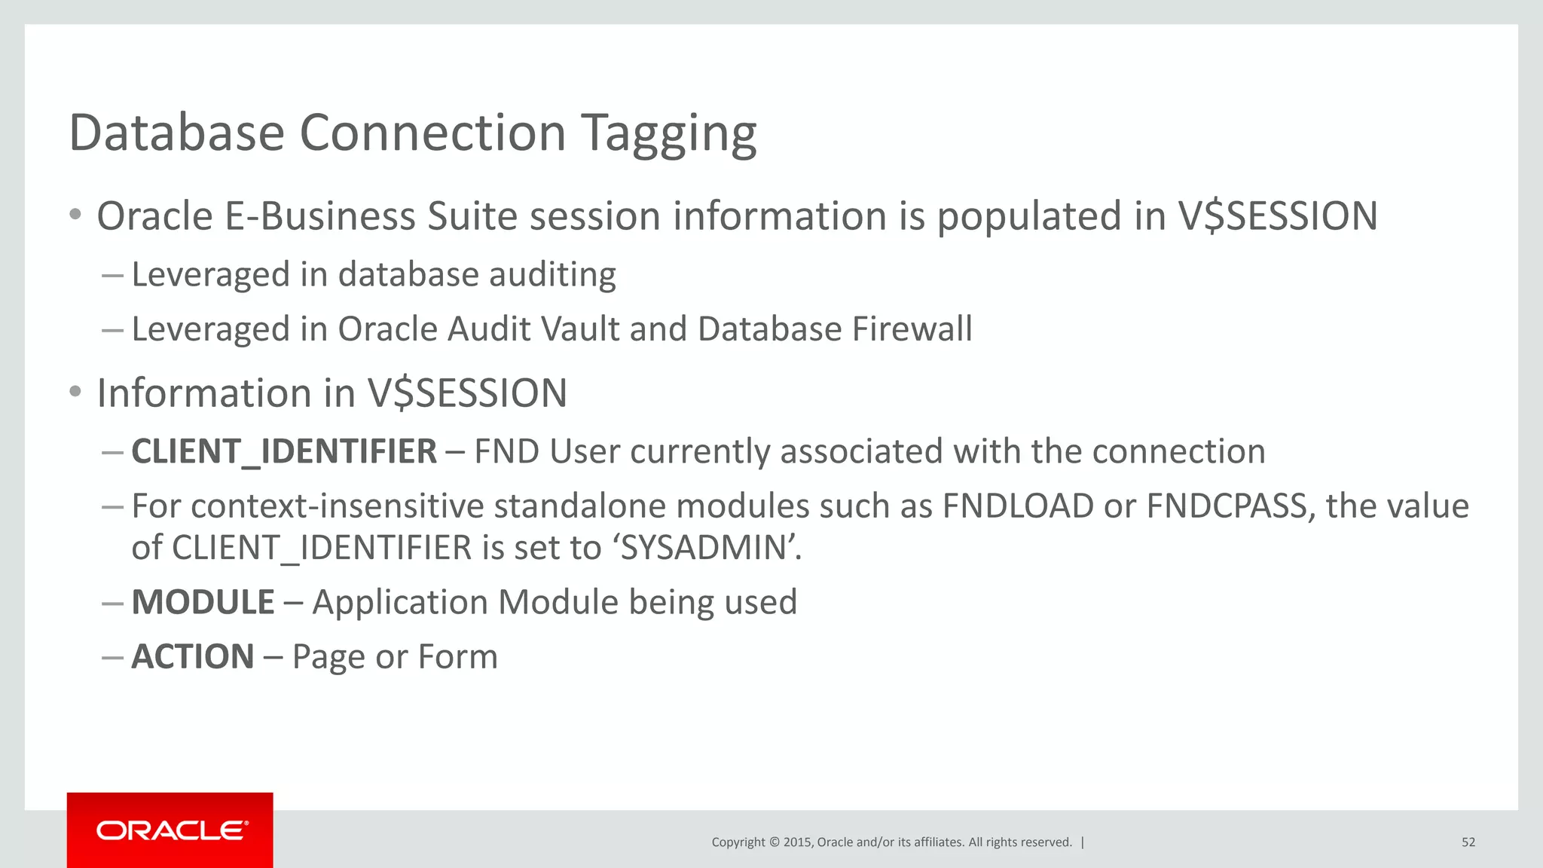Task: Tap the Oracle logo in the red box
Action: tap(171, 830)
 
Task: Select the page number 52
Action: tap(1468, 842)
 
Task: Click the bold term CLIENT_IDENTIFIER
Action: tap(284, 452)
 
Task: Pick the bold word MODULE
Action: tap(203, 602)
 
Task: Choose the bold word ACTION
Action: tap(193, 656)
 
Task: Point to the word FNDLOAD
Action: tap(1018, 506)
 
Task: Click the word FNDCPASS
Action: tap(1230, 506)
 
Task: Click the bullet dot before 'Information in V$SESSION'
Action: tap(75, 392)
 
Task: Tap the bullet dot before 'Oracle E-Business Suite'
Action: tap(75, 215)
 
